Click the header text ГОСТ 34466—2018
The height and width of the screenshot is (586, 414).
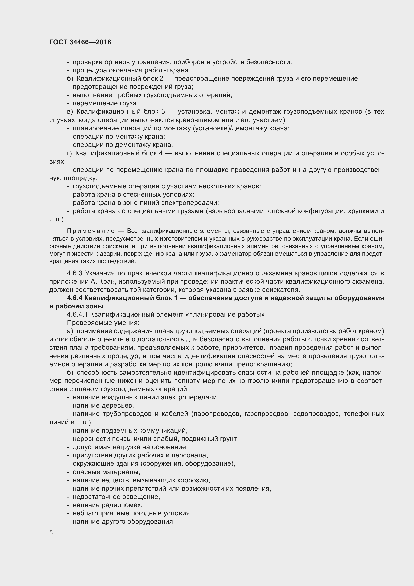point(80,42)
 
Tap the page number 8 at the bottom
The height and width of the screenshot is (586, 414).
point(51,532)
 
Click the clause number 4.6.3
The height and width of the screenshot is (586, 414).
point(74,273)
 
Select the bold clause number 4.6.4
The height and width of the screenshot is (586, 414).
point(75,298)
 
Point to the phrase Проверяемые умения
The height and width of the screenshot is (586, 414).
point(103,323)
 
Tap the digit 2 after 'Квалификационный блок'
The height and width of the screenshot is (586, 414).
point(161,79)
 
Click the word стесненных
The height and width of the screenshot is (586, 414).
point(140,195)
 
